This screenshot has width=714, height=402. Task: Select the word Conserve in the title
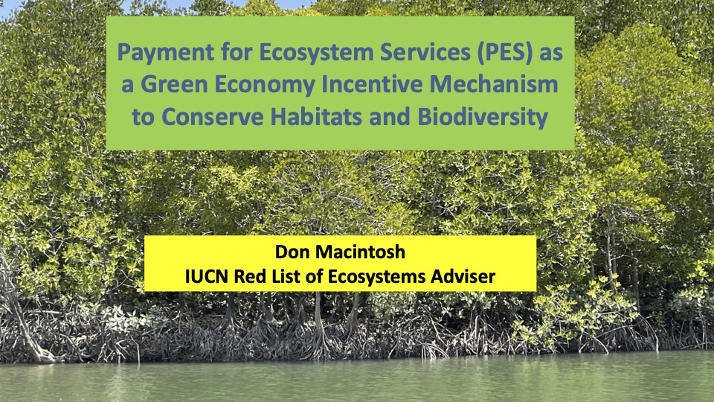tap(212, 117)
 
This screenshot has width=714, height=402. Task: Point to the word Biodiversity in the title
tap(482, 118)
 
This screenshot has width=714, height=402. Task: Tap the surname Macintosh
tap(361, 252)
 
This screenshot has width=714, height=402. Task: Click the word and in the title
tap(390, 117)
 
